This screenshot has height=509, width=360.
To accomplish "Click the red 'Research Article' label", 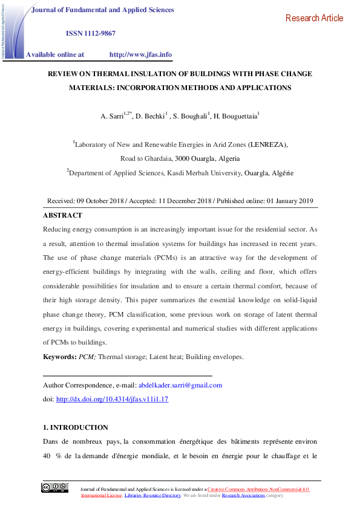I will (314, 18).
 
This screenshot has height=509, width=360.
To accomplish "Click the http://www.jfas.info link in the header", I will (140, 54).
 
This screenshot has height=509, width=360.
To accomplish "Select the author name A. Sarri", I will (112, 115).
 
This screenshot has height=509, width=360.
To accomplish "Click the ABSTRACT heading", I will (62, 215).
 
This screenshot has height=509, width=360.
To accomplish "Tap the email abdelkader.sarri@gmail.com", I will (180, 385).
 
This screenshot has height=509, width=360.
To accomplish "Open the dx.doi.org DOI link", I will (112, 399).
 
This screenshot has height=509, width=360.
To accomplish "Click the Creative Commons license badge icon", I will (54, 488).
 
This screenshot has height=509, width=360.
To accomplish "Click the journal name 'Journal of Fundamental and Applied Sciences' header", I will (102, 10).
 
